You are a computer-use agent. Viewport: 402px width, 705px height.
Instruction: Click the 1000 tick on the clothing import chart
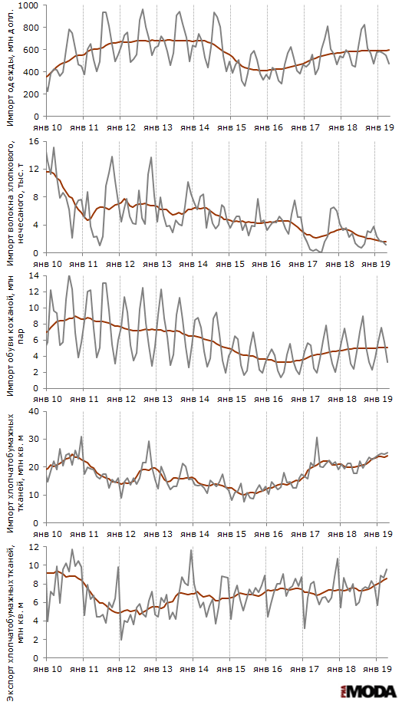33,5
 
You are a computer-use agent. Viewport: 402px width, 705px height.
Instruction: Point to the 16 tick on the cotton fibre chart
36,142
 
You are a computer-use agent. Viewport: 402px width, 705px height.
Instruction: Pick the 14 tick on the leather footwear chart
36,275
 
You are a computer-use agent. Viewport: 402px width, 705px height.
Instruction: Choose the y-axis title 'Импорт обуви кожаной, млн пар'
15,332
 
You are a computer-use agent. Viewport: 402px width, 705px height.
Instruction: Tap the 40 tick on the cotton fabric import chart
36,411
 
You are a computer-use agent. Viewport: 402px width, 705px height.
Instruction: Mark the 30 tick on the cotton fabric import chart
36,440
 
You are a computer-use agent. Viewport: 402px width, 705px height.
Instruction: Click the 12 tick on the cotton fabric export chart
36,547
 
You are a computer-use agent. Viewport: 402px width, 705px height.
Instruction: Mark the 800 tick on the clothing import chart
35,28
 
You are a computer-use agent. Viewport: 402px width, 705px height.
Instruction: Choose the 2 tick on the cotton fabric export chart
38,639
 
